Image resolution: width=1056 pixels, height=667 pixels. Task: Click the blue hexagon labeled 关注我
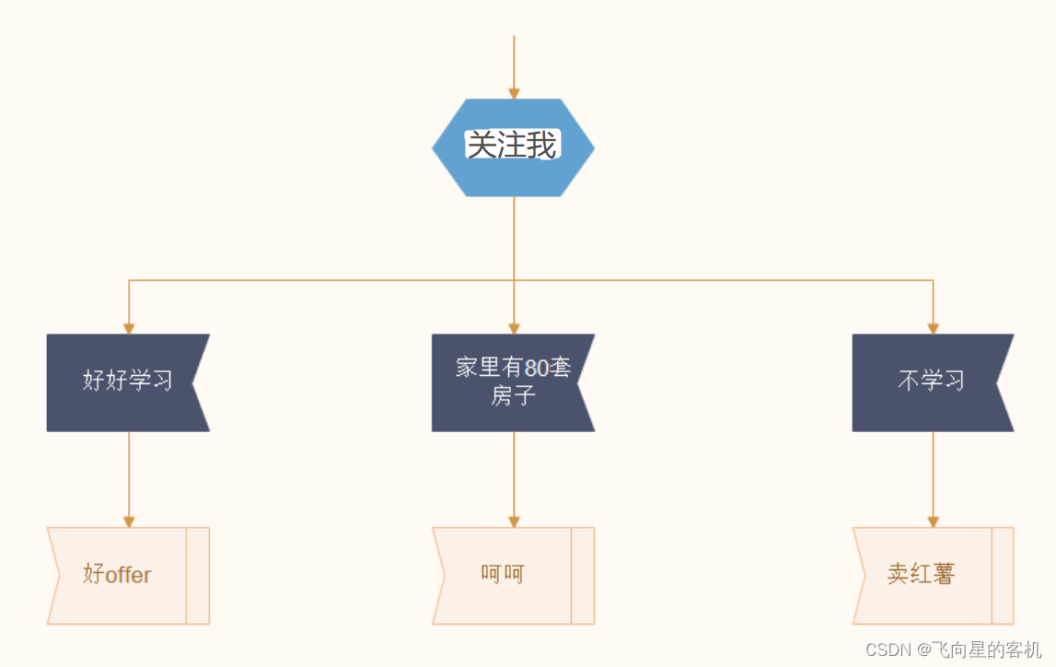click(513, 147)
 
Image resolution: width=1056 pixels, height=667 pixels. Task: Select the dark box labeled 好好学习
click(124, 382)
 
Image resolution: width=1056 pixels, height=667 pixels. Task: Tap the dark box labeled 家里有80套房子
click(509, 382)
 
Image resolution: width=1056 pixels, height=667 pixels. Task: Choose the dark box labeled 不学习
click(928, 382)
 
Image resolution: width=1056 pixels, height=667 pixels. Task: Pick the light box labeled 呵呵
click(503, 576)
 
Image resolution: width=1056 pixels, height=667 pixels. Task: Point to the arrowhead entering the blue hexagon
click(514, 93)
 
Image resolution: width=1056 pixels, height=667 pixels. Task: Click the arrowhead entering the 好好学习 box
click(129, 328)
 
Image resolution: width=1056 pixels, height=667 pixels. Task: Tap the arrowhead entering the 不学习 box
click(933, 328)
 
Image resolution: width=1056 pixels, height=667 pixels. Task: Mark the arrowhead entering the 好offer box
click(129, 521)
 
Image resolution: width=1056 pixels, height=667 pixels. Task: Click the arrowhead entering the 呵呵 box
click(514, 521)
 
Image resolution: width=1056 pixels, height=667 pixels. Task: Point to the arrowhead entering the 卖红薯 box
click(933, 521)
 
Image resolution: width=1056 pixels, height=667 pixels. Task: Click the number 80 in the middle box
click(536, 369)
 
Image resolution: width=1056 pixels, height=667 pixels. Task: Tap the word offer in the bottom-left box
click(128, 575)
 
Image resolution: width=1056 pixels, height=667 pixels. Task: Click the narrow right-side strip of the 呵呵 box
click(583, 576)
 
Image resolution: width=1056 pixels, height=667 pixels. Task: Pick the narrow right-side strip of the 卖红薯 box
click(1003, 576)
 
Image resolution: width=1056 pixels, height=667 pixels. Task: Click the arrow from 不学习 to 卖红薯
click(933, 474)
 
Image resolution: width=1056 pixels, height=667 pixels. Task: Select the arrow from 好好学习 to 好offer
click(129, 474)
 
